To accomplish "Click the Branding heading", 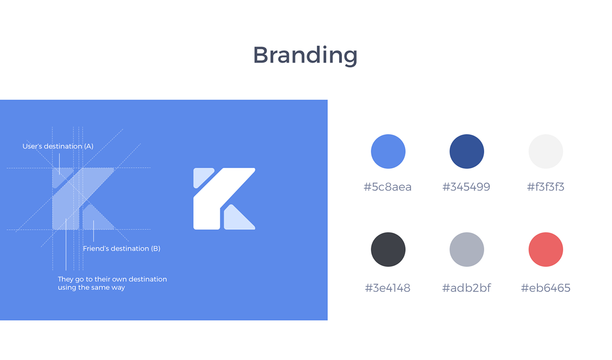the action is [305, 55].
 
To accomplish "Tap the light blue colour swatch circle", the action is [388, 151].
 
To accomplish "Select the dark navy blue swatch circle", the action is [467, 151].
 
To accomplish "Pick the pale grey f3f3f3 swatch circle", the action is [545, 151].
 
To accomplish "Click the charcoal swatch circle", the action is [388, 250].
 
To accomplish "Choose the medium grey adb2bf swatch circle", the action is [467, 250].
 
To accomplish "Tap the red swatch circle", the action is [545, 250].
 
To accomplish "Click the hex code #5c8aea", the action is [387, 187].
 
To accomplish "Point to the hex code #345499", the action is [466, 187].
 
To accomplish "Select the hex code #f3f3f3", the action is [545, 187].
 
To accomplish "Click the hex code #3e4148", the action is [387, 288].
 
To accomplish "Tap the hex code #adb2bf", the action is [466, 288].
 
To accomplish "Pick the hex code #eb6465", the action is [545, 288].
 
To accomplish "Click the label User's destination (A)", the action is [58, 146].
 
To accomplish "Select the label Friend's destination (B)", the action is [121, 249].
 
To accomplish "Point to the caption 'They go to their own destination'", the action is [113, 279].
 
